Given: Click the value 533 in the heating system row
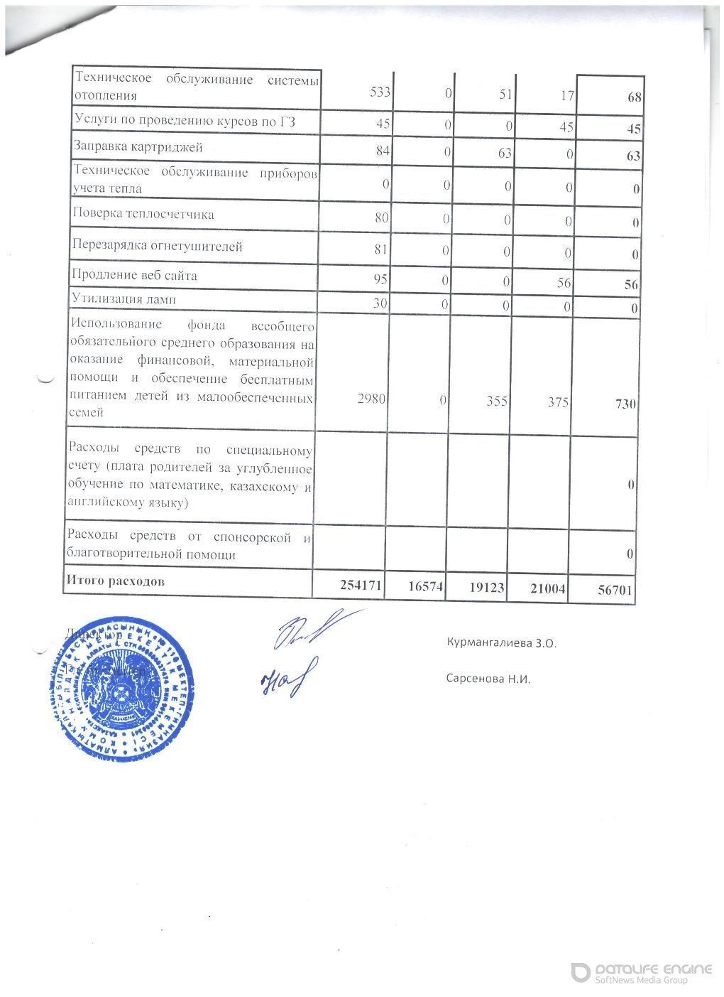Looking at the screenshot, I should (x=380, y=93).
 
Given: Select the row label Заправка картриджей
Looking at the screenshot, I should (x=138, y=148).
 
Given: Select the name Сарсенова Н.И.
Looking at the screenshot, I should (x=488, y=679).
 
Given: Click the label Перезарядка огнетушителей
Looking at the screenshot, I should (x=157, y=247).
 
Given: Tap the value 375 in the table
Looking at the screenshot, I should (x=558, y=402).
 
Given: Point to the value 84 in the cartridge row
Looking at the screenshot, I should (x=382, y=149).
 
